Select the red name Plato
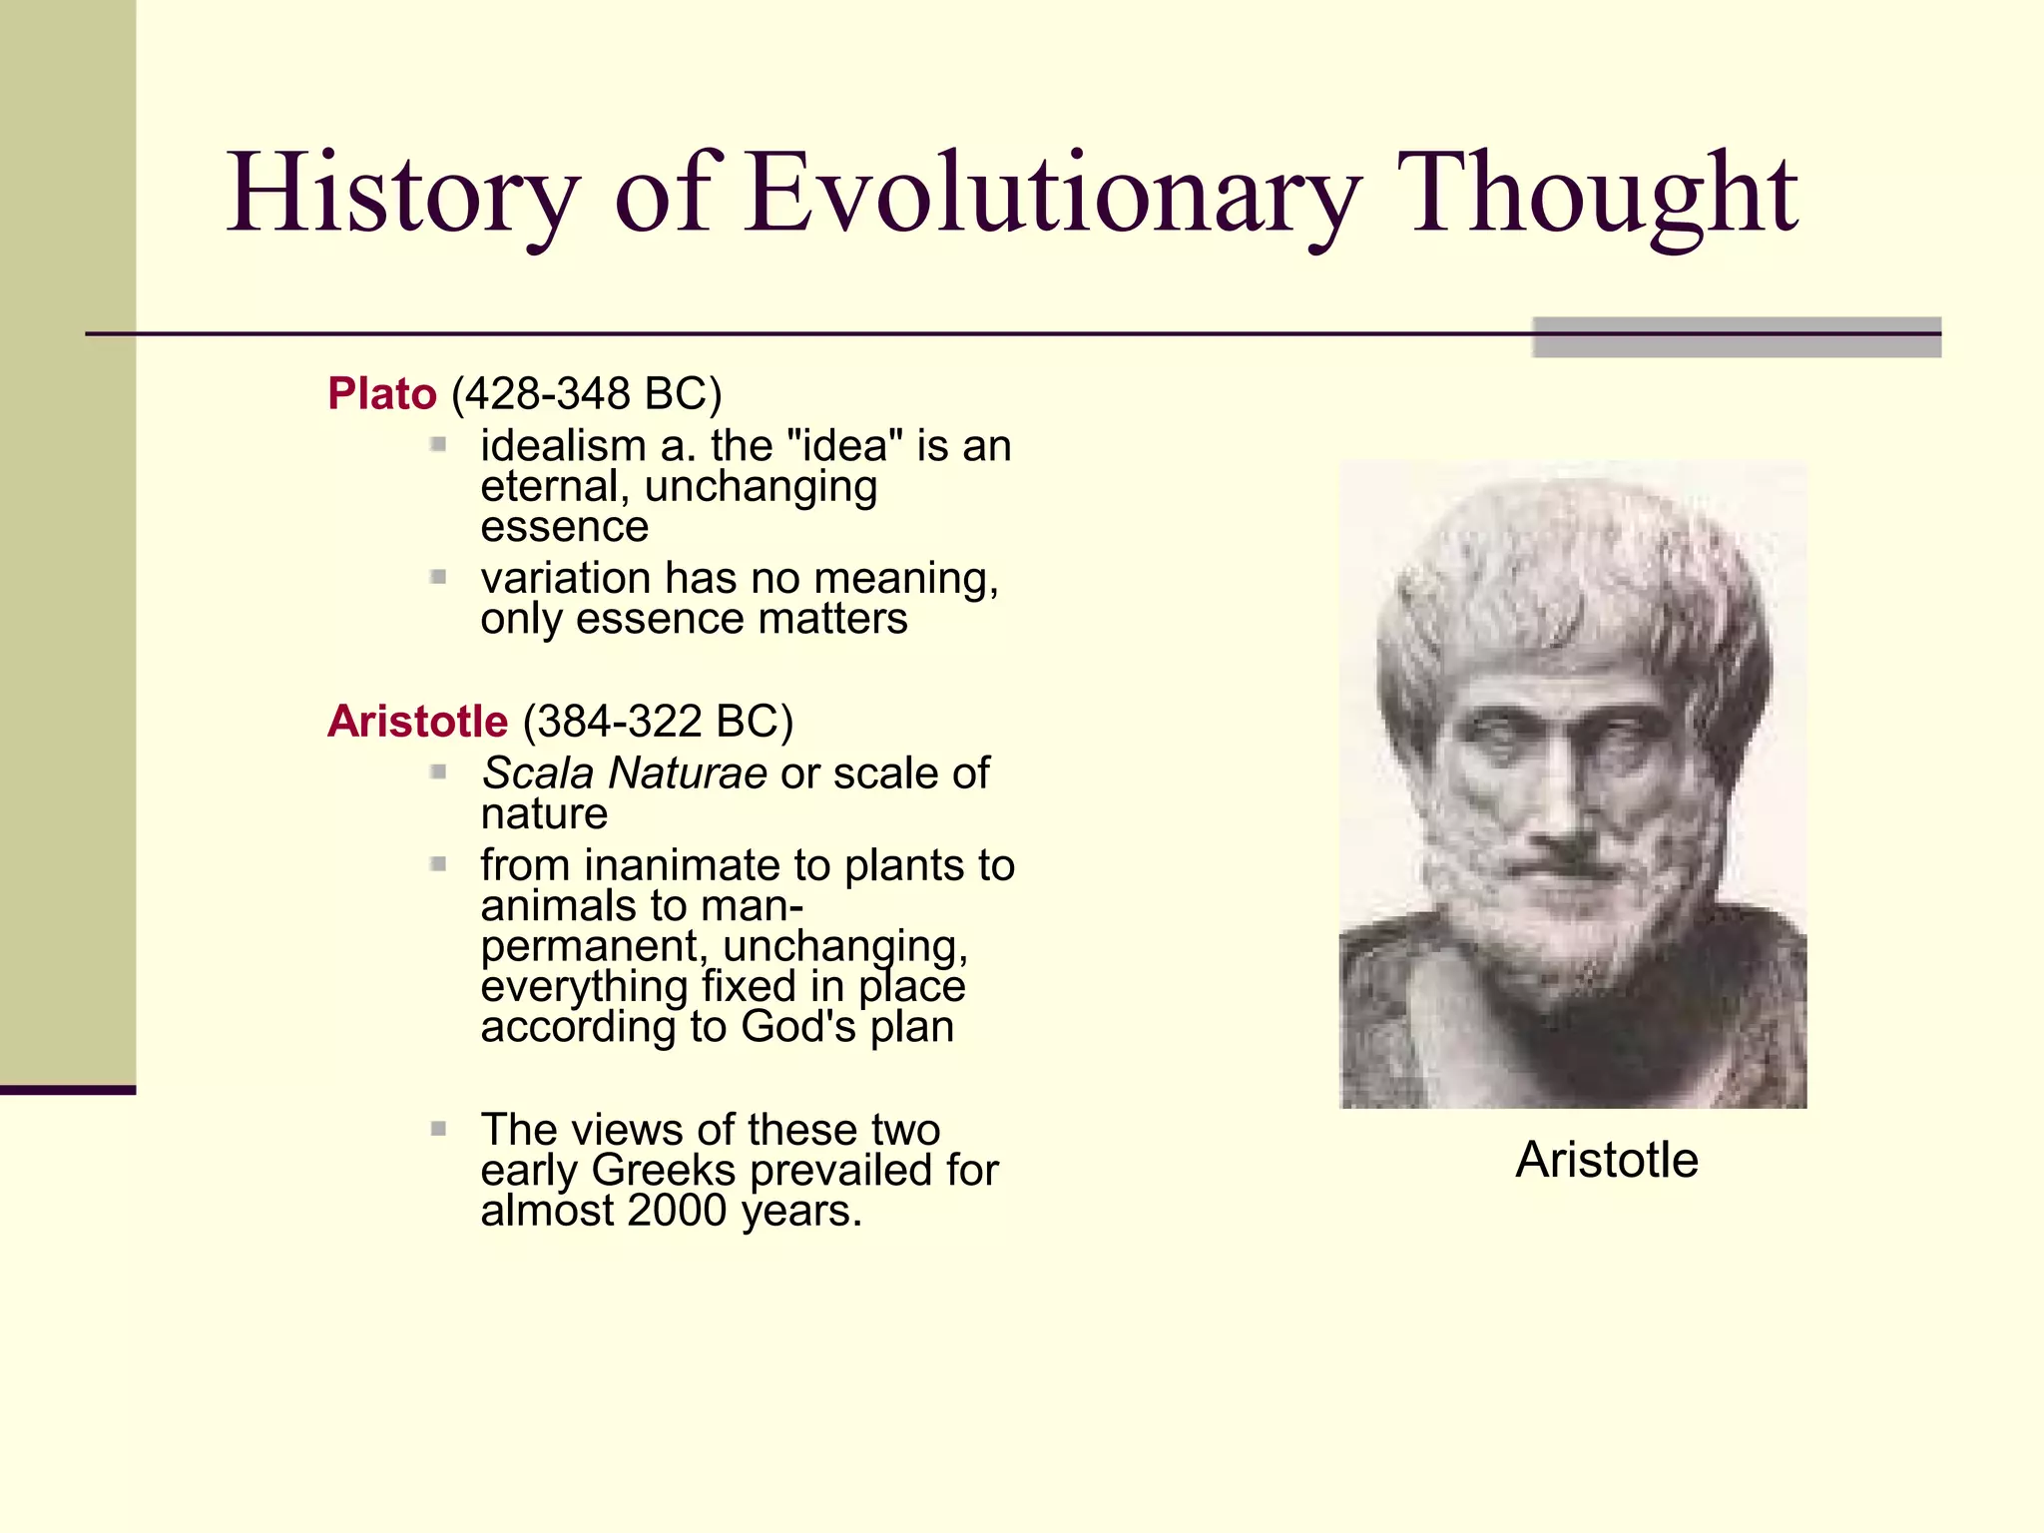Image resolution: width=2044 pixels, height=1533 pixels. tap(382, 393)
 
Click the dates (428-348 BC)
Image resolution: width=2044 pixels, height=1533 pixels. tap(586, 393)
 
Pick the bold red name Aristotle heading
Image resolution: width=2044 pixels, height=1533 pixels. tap(418, 721)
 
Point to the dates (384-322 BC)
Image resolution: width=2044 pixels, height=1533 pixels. tap(658, 721)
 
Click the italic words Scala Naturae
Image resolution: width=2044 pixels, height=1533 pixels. tap(625, 772)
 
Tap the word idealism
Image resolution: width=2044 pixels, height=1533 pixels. tap(563, 445)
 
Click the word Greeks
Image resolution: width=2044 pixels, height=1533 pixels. tap(663, 1170)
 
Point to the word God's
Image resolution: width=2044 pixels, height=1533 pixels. tap(797, 1026)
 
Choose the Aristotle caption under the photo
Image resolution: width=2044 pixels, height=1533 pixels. tap(1607, 1160)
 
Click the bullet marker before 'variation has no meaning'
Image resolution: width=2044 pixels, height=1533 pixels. tap(438, 577)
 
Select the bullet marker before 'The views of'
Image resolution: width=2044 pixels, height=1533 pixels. tap(438, 1129)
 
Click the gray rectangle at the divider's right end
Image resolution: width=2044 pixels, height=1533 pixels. tap(1737, 337)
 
